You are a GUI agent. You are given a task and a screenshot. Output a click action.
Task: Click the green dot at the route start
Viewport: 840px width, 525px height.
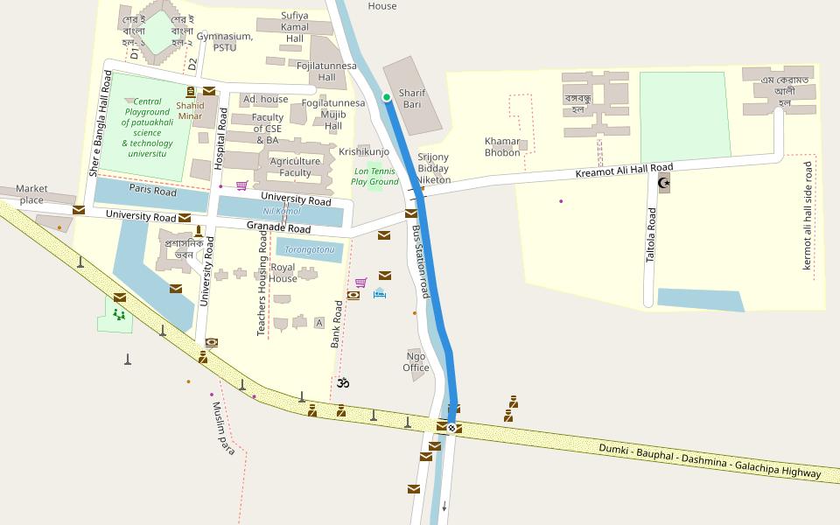pyautogui.click(x=386, y=97)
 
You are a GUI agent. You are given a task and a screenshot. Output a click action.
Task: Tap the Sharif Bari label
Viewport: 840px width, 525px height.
pyautogui.click(x=411, y=98)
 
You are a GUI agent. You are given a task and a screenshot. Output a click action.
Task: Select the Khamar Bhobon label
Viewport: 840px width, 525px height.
pyautogui.click(x=502, y=147)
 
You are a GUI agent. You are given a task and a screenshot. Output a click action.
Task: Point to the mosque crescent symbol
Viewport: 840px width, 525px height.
pyautogui.click(x=663, y=182)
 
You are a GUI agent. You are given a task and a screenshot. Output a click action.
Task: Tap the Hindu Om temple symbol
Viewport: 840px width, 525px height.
pyautogui.click(x=343, y=382)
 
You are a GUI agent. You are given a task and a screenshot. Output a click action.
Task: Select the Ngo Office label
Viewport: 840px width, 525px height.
pyautogui.click(x=416, y=361)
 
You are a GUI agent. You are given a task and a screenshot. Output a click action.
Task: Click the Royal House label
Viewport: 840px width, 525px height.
pyautogui.click(x=283, y=273)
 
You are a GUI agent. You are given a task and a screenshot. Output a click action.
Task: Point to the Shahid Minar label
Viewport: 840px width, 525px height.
pyautogui.click(x=190, y=110)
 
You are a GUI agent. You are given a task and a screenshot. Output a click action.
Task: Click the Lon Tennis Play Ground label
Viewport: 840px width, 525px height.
pyautogui.click(x=374, y=177)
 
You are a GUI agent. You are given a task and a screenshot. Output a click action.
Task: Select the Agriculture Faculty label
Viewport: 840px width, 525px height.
pyautogui.click(x=296, y=167)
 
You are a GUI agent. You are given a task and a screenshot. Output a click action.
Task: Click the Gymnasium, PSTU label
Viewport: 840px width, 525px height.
pyautogui.click(x=225, y=42)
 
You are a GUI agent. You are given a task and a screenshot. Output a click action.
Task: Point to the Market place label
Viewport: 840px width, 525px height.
pyautogui.click(x=31, y=194)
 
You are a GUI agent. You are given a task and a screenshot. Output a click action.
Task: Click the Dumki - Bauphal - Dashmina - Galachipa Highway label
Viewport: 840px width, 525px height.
pyautogui.click(x=710, y=460)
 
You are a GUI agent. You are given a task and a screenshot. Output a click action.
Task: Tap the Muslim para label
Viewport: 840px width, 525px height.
pyautogui.click(x=223, y=428)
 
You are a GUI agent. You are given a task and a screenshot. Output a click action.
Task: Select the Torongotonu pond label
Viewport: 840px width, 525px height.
pyautogui.click(x=310, y=249)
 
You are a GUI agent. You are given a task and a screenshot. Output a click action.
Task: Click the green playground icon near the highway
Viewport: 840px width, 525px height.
pyautogui.click(x=118, y=313)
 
